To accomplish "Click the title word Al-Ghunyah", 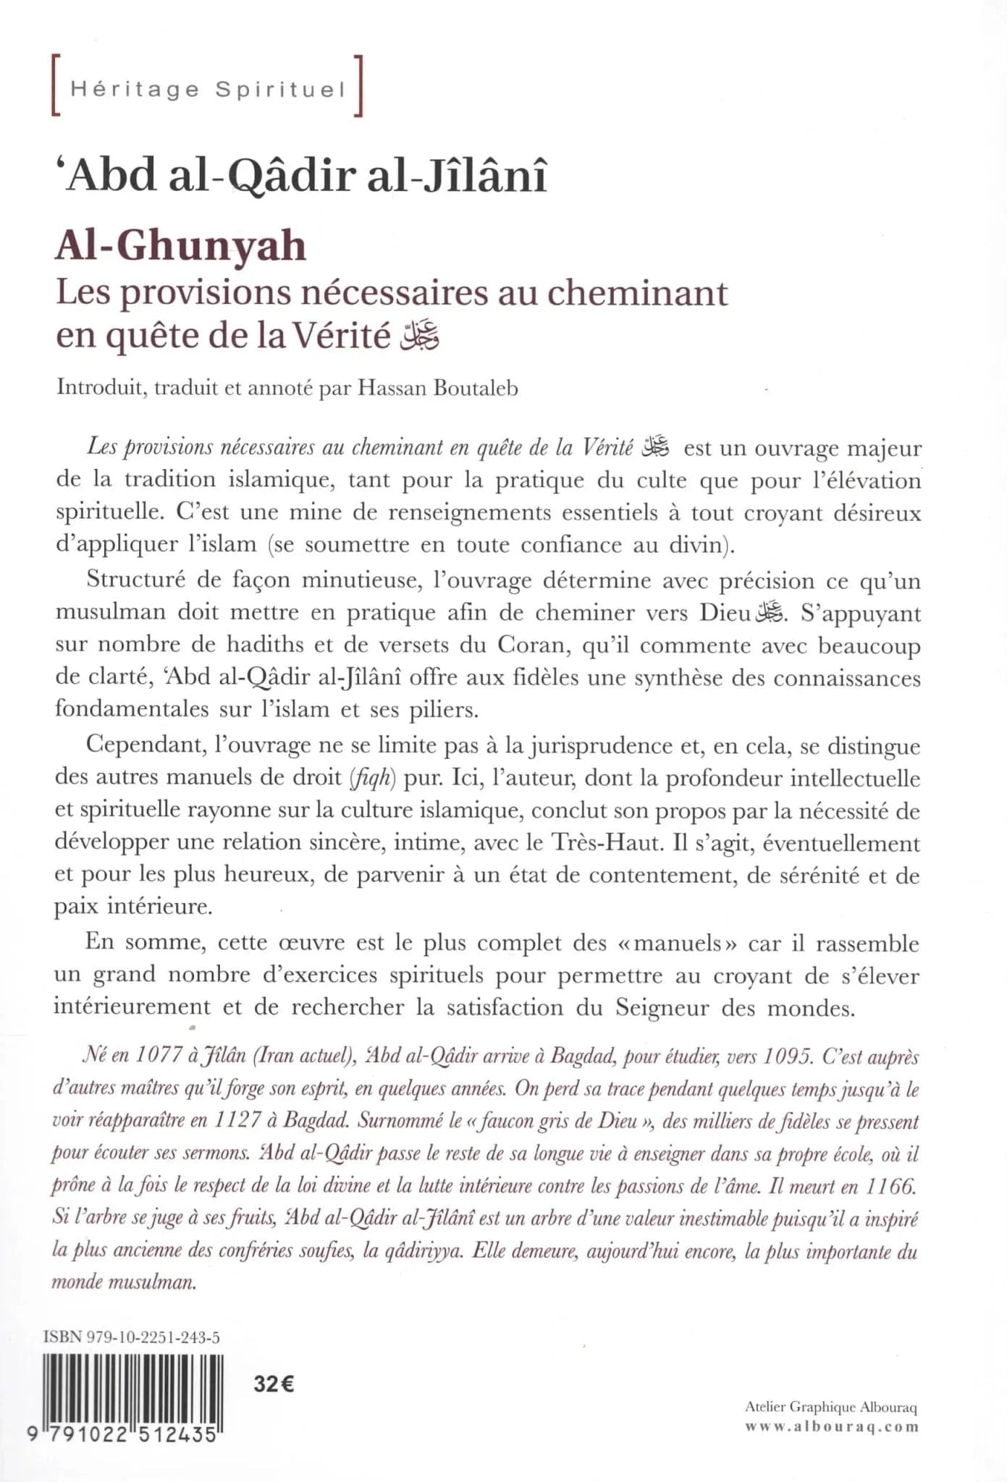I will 181,247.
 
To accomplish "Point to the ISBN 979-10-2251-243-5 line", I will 131,1337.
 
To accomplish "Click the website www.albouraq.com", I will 832,1427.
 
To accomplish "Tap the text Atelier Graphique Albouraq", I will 830,1407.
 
